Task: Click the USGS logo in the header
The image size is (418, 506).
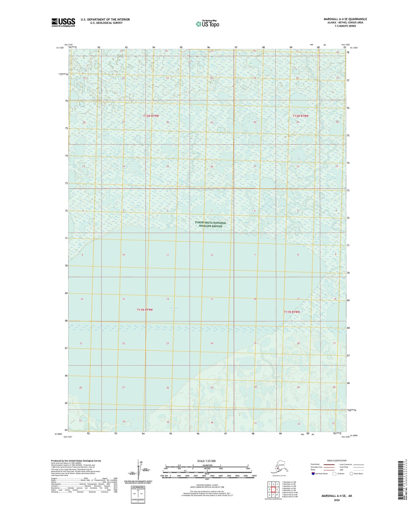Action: [63, 22]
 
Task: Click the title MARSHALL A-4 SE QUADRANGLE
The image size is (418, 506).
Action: [345, 19]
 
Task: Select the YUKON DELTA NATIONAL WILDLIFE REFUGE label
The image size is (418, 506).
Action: [210, 224]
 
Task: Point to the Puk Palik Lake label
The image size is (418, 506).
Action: [174, 309]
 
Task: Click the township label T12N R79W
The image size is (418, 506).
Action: [151, 116]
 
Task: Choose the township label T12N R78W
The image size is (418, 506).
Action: [301, 116]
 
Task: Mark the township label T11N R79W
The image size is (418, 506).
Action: [145, 310]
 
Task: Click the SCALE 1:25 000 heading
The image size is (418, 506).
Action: [207, 461]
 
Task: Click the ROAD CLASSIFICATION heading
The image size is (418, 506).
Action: [337, 461]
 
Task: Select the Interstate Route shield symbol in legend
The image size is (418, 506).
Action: [313, 474]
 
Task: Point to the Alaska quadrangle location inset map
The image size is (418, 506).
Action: [279, 467]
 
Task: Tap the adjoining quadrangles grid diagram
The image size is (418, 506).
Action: [273, 490]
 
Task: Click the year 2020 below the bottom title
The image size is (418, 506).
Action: [337, 500]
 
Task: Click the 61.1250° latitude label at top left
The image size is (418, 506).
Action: [60, 48]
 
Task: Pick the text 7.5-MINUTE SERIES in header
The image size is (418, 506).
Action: [345, 26]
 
